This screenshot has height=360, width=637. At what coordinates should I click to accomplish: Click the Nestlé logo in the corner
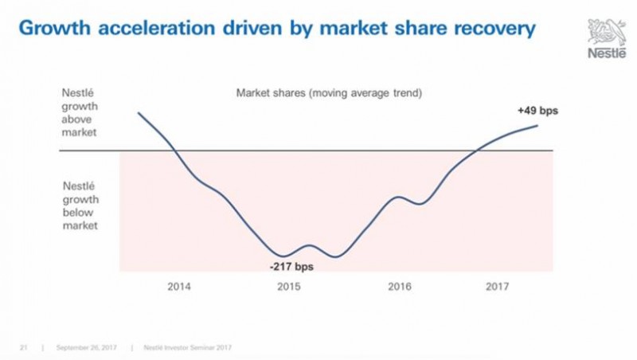608,37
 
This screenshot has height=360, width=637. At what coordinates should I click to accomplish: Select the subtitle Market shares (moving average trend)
329,92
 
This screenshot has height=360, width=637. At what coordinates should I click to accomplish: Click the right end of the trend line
538,125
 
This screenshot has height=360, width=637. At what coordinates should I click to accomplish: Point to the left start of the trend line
139,112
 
